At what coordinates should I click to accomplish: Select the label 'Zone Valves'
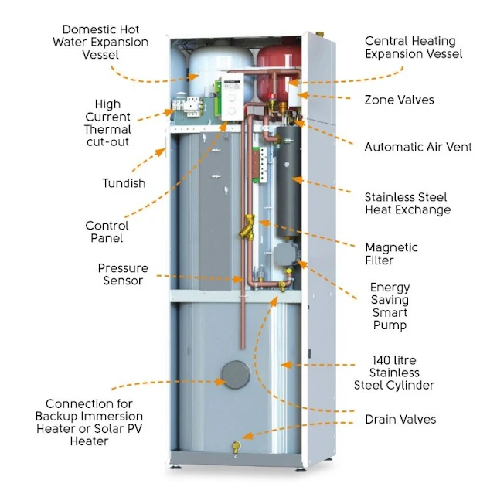(x=399, y=100)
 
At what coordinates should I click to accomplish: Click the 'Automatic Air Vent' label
(x=418, y=147)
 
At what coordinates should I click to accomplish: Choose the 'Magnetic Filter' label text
(x=391, y=254)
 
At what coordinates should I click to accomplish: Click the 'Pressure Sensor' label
(x=123, y=274)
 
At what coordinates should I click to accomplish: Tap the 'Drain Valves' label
(x=400, y=420)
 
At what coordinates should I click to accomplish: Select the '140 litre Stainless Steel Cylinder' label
(x=394, y=373)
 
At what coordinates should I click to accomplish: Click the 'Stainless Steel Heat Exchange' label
(x=407, y=203)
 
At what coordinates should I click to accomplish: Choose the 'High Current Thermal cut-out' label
(x=107, y=123)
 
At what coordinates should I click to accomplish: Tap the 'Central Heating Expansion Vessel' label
(x=414, y=47)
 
